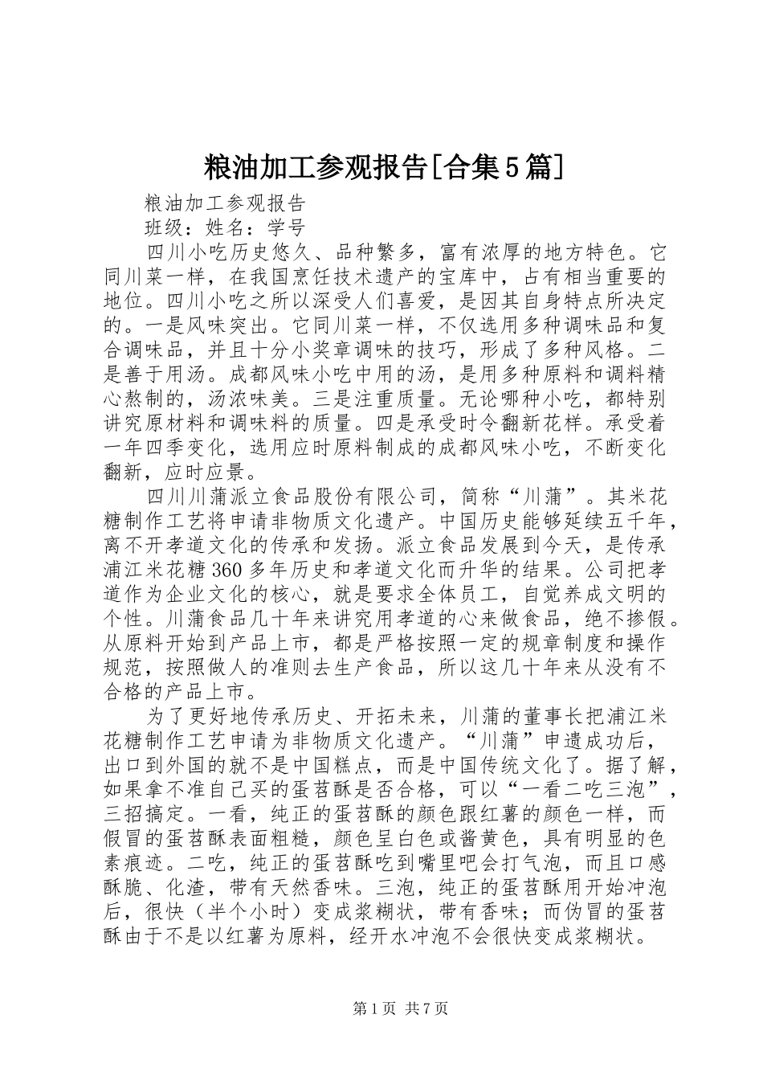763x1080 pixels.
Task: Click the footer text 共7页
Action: point(426,1008)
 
